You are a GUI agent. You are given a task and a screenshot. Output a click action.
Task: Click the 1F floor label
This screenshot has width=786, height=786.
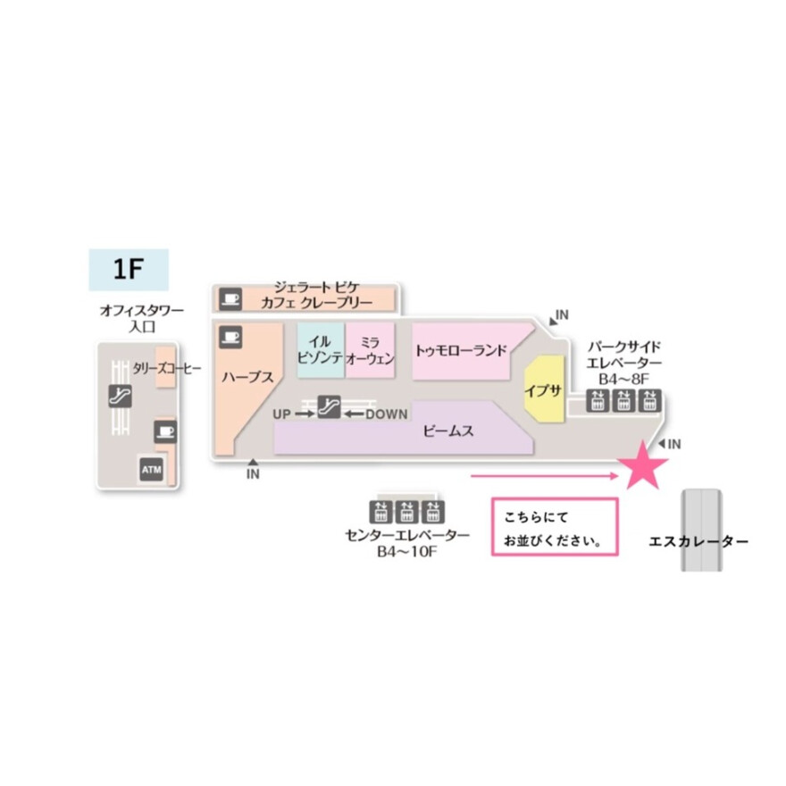tap(130, 268)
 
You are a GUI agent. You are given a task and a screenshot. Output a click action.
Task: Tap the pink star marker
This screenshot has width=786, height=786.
tap(643, 466)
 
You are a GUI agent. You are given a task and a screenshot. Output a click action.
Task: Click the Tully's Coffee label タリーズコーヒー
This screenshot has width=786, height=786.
tap(167, 368)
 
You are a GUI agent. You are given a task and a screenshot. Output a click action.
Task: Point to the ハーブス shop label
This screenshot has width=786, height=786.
tap(247, 377)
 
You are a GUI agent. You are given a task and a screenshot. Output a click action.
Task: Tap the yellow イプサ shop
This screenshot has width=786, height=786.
tap(543, 390)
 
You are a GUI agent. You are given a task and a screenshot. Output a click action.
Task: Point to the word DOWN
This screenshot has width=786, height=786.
tap(386, 414)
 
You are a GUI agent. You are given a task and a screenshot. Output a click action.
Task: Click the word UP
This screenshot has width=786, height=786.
tap(282, 414)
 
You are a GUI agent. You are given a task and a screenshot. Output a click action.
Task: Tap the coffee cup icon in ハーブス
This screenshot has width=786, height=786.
tap(230, 336)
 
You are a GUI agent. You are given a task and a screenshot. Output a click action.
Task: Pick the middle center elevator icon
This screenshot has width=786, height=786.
tap(407, 511)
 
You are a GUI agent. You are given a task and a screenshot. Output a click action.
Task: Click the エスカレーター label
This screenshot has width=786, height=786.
tap(698, 541)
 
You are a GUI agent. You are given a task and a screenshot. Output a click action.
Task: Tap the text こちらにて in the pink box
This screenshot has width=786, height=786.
tap(535, 517)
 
